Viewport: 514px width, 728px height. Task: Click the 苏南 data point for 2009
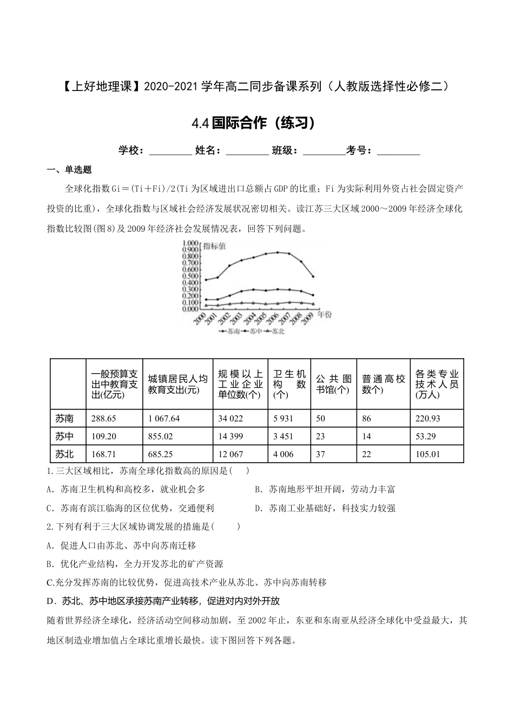[x=313, y=276]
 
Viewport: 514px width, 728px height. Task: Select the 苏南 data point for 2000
[x=206, y=280]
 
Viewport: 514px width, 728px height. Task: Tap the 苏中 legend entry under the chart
[x=254, y=331]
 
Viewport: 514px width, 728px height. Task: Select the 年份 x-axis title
[x=325, y=314]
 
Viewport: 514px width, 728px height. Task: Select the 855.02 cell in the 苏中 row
[x=160, y=436]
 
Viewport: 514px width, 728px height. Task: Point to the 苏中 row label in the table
[x=64, y=436]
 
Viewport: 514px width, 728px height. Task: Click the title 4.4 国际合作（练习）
[x=254, y=123]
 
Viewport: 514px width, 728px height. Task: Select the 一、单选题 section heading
[x=70, y=170]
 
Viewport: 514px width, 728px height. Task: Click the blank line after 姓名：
[x=247, y=151]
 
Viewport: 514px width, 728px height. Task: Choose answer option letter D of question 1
[x=258, y=508]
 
